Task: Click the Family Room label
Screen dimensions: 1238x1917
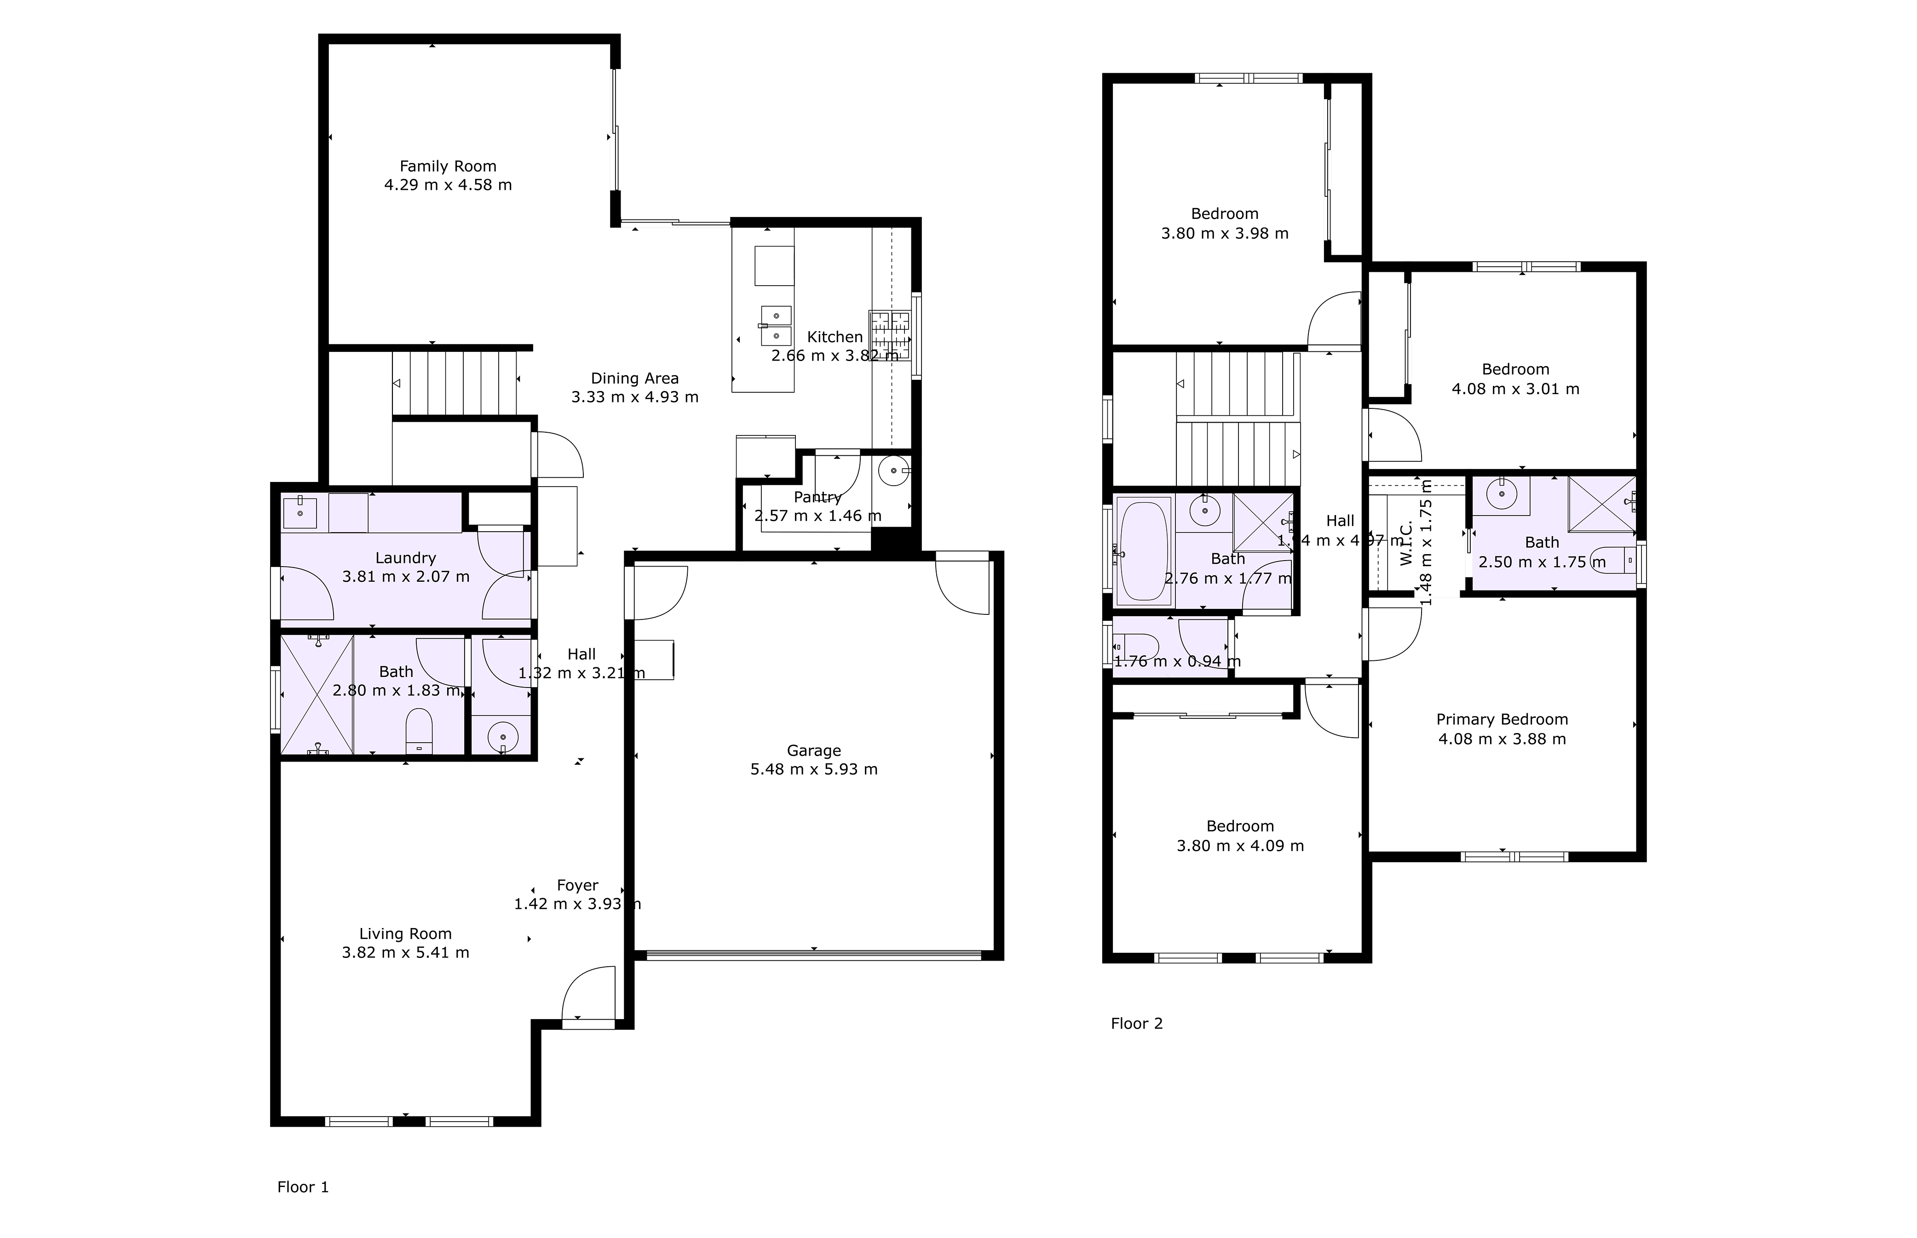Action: click(x=448, y=166)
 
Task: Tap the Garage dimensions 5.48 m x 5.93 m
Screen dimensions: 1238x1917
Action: click(x=814, y=769)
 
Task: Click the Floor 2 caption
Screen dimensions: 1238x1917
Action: click(x=1136, y=1023)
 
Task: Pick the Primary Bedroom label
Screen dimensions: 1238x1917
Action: click(x=1501, y=720)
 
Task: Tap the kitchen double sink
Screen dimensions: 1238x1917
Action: click(x=776, y=325)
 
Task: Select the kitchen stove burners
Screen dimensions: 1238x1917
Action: click(x=889, y=333)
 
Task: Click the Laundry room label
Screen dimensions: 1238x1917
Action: click(x=405, y=558)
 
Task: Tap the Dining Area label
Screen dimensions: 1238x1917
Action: click(x=634, y=378)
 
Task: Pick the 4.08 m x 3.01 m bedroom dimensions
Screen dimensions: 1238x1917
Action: click(x=1515, y=389)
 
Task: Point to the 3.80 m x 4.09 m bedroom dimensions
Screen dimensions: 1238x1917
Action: click(x=1240, y=846)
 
